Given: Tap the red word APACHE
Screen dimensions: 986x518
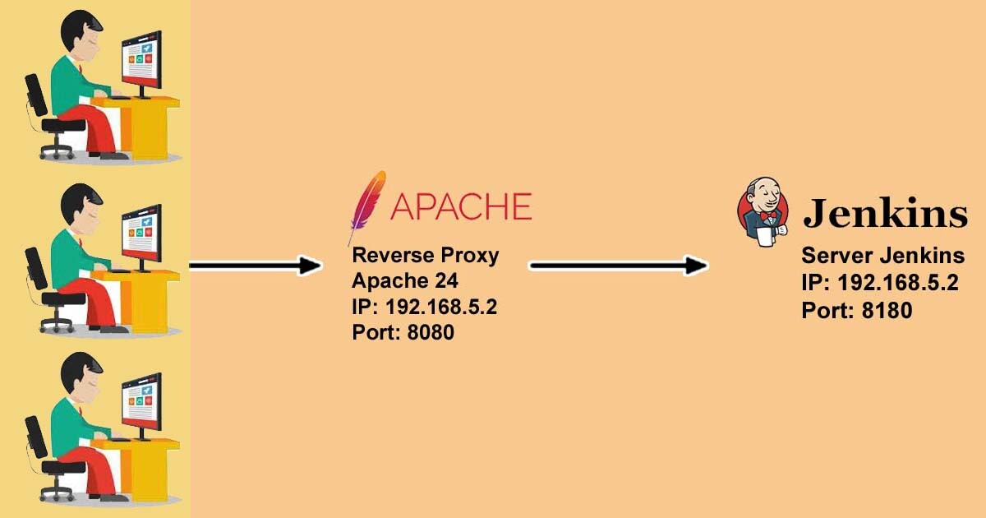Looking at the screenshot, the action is click(x=461, y=206).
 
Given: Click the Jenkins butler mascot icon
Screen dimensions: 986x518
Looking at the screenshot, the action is click(x=763, y=212).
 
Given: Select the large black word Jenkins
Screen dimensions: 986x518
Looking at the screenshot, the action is click(x=885, y=213).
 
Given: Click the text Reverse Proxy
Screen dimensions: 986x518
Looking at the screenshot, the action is click(x=426, y=255).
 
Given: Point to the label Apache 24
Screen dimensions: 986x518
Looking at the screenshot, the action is click(x=405, y=280).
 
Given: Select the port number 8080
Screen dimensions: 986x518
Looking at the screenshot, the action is click(x=431, y=332).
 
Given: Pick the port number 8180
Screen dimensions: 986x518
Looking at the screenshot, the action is click(x=887, y=310).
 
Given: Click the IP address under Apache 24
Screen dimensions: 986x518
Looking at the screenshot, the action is click(x=441, y=307).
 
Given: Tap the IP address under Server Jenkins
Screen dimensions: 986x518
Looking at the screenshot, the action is click(x=898, y=282).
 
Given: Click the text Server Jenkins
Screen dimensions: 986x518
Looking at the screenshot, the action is click(x=883, y=255).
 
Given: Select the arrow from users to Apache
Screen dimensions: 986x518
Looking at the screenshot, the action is click(x=256, y=266).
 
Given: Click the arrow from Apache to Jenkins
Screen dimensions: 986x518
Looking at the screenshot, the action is click(x=619, y=266).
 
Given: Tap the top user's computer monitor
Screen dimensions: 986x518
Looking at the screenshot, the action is click(x=141, y=62).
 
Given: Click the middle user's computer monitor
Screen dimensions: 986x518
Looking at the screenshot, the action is click(x=141, y=236).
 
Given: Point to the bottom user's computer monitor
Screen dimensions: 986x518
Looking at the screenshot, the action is click(x=141, y=405).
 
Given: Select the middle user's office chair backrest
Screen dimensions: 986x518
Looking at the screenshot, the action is click(x=36, y=269).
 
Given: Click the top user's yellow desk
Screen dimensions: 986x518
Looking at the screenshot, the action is click(x=143, y=126).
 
